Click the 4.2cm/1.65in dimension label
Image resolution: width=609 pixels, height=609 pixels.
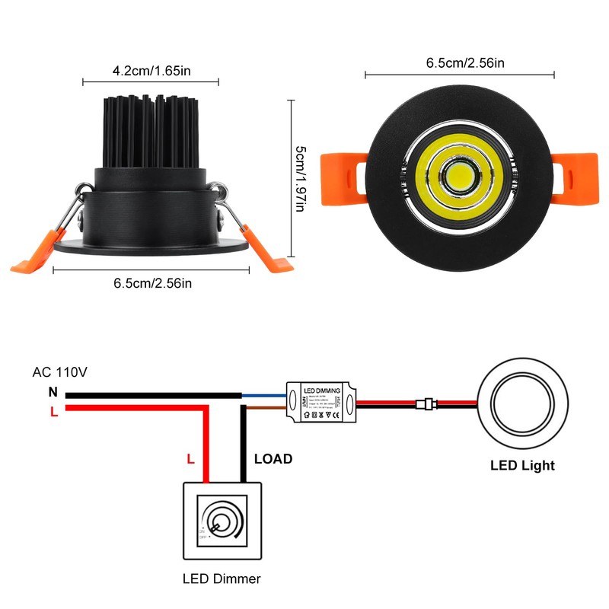[x=151, y=71]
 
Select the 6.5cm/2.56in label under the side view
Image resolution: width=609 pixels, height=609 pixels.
[x=152, y=283]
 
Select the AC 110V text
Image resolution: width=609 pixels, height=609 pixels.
[x=60, y=373]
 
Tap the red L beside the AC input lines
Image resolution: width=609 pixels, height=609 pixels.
[x=53, y=411]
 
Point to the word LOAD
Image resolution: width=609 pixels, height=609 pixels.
[x=273, y=459]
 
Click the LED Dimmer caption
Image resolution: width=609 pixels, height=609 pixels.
[x=222, y=579]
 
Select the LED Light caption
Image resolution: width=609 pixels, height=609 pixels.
[x=522, y=465]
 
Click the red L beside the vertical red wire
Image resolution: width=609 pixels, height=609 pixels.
[x=191, y=459]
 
